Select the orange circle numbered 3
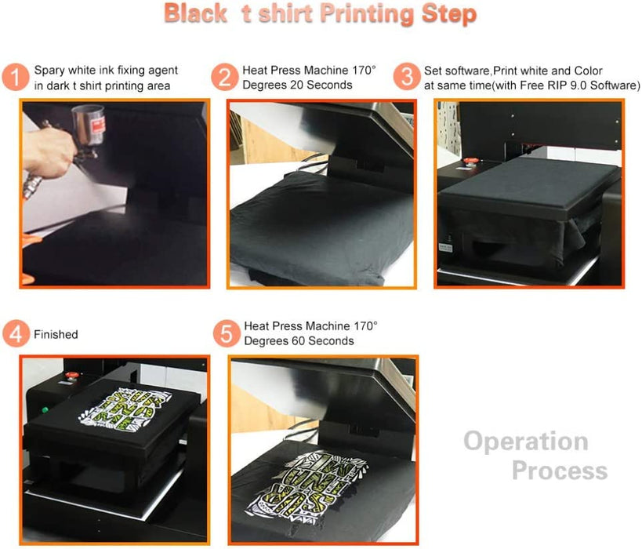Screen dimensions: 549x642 407,78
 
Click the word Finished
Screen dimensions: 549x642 56,335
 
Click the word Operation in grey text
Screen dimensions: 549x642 525,441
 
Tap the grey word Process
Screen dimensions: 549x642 559,471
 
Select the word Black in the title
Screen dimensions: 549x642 194,15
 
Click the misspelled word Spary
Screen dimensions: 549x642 49,71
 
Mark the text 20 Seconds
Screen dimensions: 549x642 321,85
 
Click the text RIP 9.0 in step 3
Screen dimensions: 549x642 568,85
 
